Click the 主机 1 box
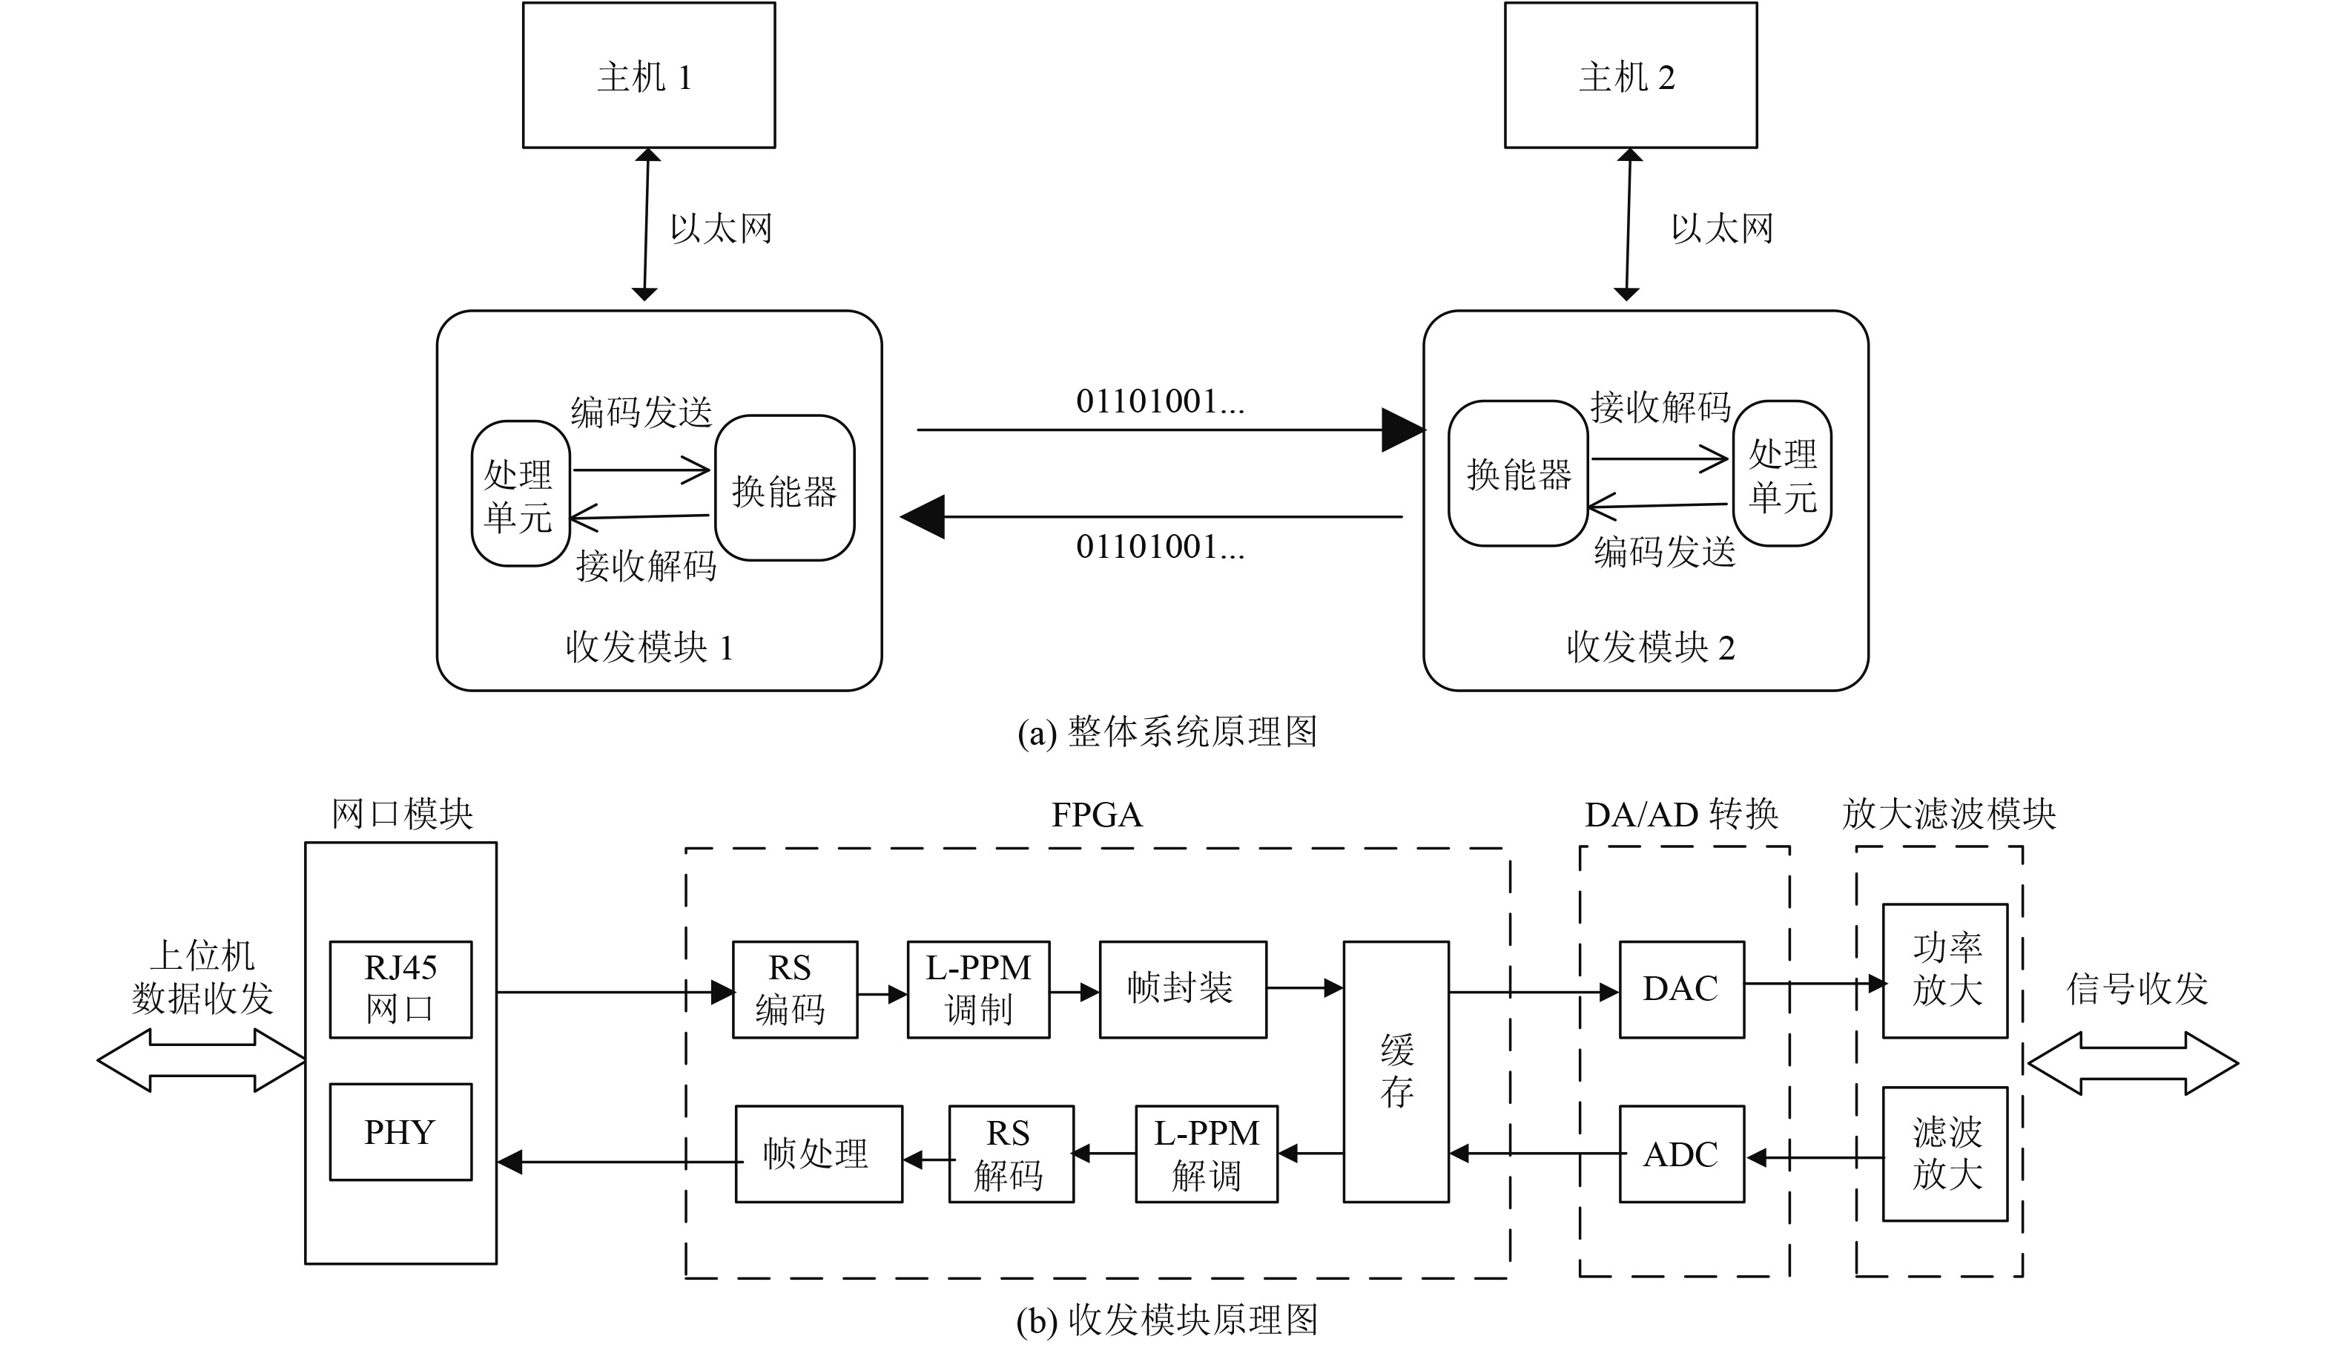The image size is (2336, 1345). coord(648,75)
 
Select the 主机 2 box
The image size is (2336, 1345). coord(1630,75)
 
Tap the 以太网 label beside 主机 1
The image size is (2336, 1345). coord(720,228)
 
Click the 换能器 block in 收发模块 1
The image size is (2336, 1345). coord(784,489)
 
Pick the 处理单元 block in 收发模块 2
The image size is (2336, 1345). coord(1781,474)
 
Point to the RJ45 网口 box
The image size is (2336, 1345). coord(400,990)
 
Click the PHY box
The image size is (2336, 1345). coord(400,1131)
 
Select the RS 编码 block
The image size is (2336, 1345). coord(794,990)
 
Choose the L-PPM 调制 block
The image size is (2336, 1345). coord(978,990)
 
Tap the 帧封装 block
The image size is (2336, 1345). coord(1182,990)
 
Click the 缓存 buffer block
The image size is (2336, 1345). coord(1395,1071)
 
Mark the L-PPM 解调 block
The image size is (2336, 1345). coord(1206,1154)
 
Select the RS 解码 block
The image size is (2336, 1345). coord(1011,1154)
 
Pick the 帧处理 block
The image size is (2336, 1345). coord(818,1154)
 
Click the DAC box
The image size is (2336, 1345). coord(1681,990)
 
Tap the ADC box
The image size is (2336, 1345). coord(1681,1154)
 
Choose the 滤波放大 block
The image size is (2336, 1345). coord(1944,1154)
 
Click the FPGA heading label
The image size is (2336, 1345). coord(1097,815)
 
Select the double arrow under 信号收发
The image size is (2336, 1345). coord(2133,1063)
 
